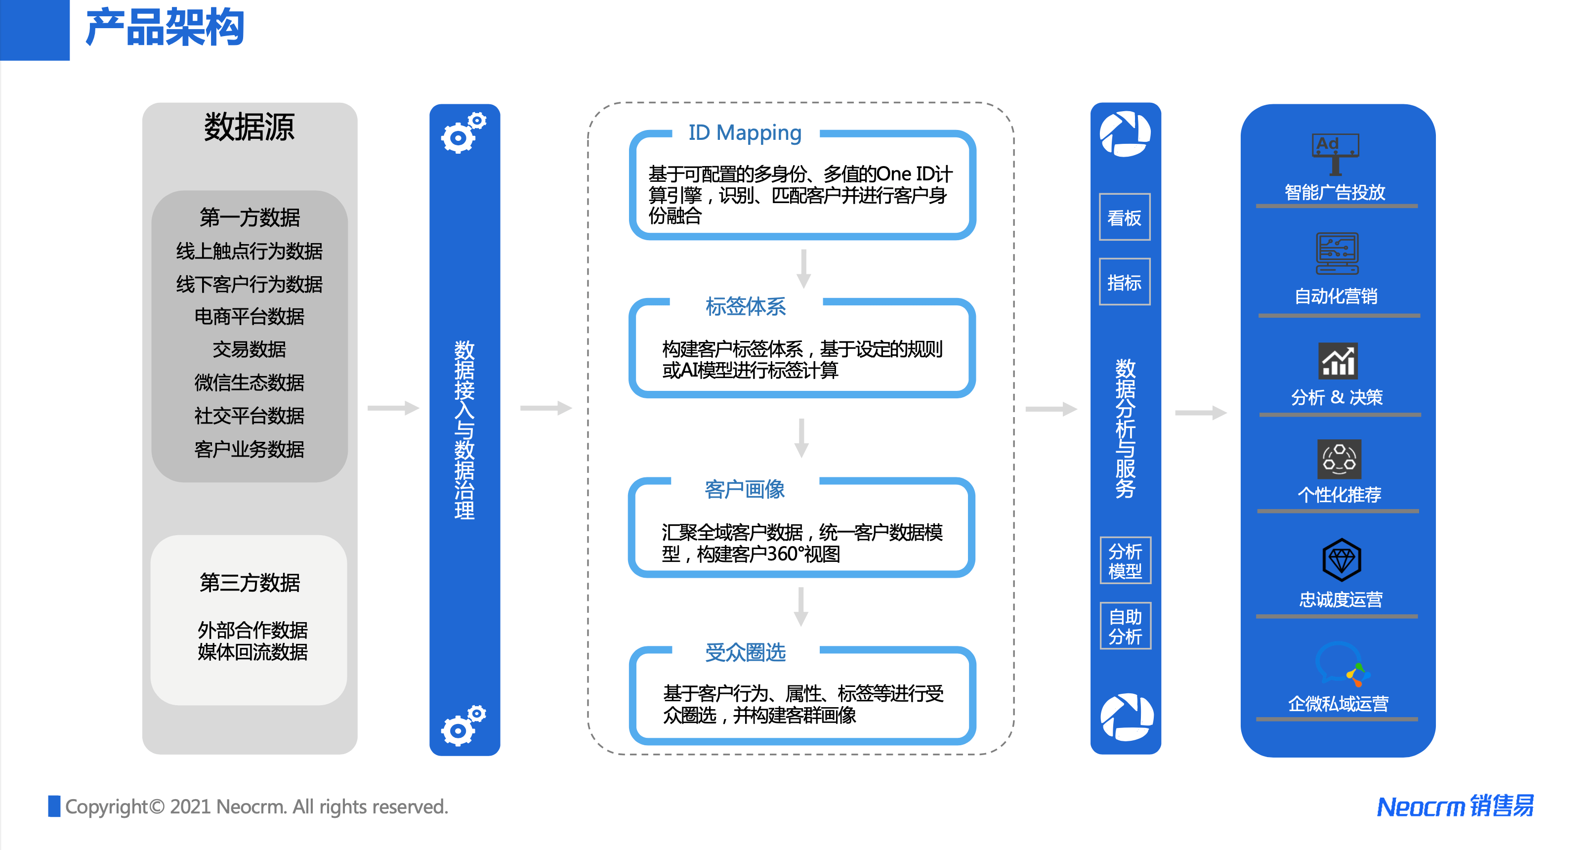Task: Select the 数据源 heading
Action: [249, 127]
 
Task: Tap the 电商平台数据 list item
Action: [249, 317]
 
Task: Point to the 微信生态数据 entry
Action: [249, 382]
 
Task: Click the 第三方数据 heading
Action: [250, 583]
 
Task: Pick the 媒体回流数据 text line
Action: [252, 652]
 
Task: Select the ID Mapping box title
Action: [745, 132]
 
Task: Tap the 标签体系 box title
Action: [746, 306]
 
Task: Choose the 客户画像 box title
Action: [744, 490]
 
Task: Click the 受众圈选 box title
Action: [745, 652]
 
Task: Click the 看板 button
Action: [1125, 217]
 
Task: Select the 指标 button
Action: [1125, 282]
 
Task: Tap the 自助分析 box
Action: [1125, 626]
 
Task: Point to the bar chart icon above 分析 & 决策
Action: [1338, 360]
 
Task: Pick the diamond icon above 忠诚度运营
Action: [1341, 559]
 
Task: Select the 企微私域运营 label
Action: [1338, 704]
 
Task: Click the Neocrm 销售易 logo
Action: [1455, 806]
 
